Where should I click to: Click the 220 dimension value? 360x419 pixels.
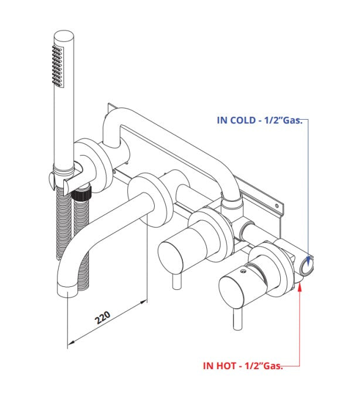click(x=103, y=319)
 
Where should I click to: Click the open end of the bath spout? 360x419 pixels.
click(x=69, y=289)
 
